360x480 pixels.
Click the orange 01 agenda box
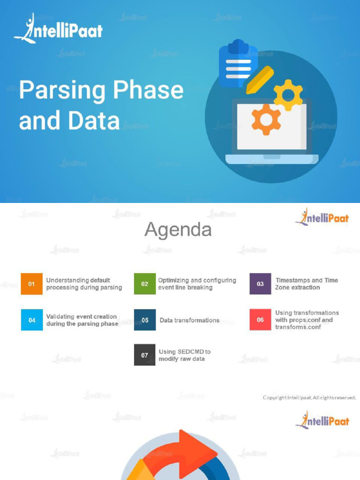(31, 284)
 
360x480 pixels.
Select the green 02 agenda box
(144, 284)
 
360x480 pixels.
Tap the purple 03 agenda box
(260, 284)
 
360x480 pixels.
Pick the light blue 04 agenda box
(32, 320)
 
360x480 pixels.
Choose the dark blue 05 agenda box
(145, 320)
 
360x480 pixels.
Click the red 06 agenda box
(260, 320)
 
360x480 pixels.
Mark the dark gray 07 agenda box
(144, 355)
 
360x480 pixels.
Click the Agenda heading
(178, 230)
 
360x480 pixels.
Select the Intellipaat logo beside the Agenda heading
(322, 217)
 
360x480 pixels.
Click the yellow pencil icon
(260, 79)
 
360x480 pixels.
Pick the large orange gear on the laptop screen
(266, 119)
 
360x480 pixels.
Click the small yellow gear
(288, 95)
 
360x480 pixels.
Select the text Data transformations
(189, 320)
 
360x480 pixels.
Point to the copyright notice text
(309, 397)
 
